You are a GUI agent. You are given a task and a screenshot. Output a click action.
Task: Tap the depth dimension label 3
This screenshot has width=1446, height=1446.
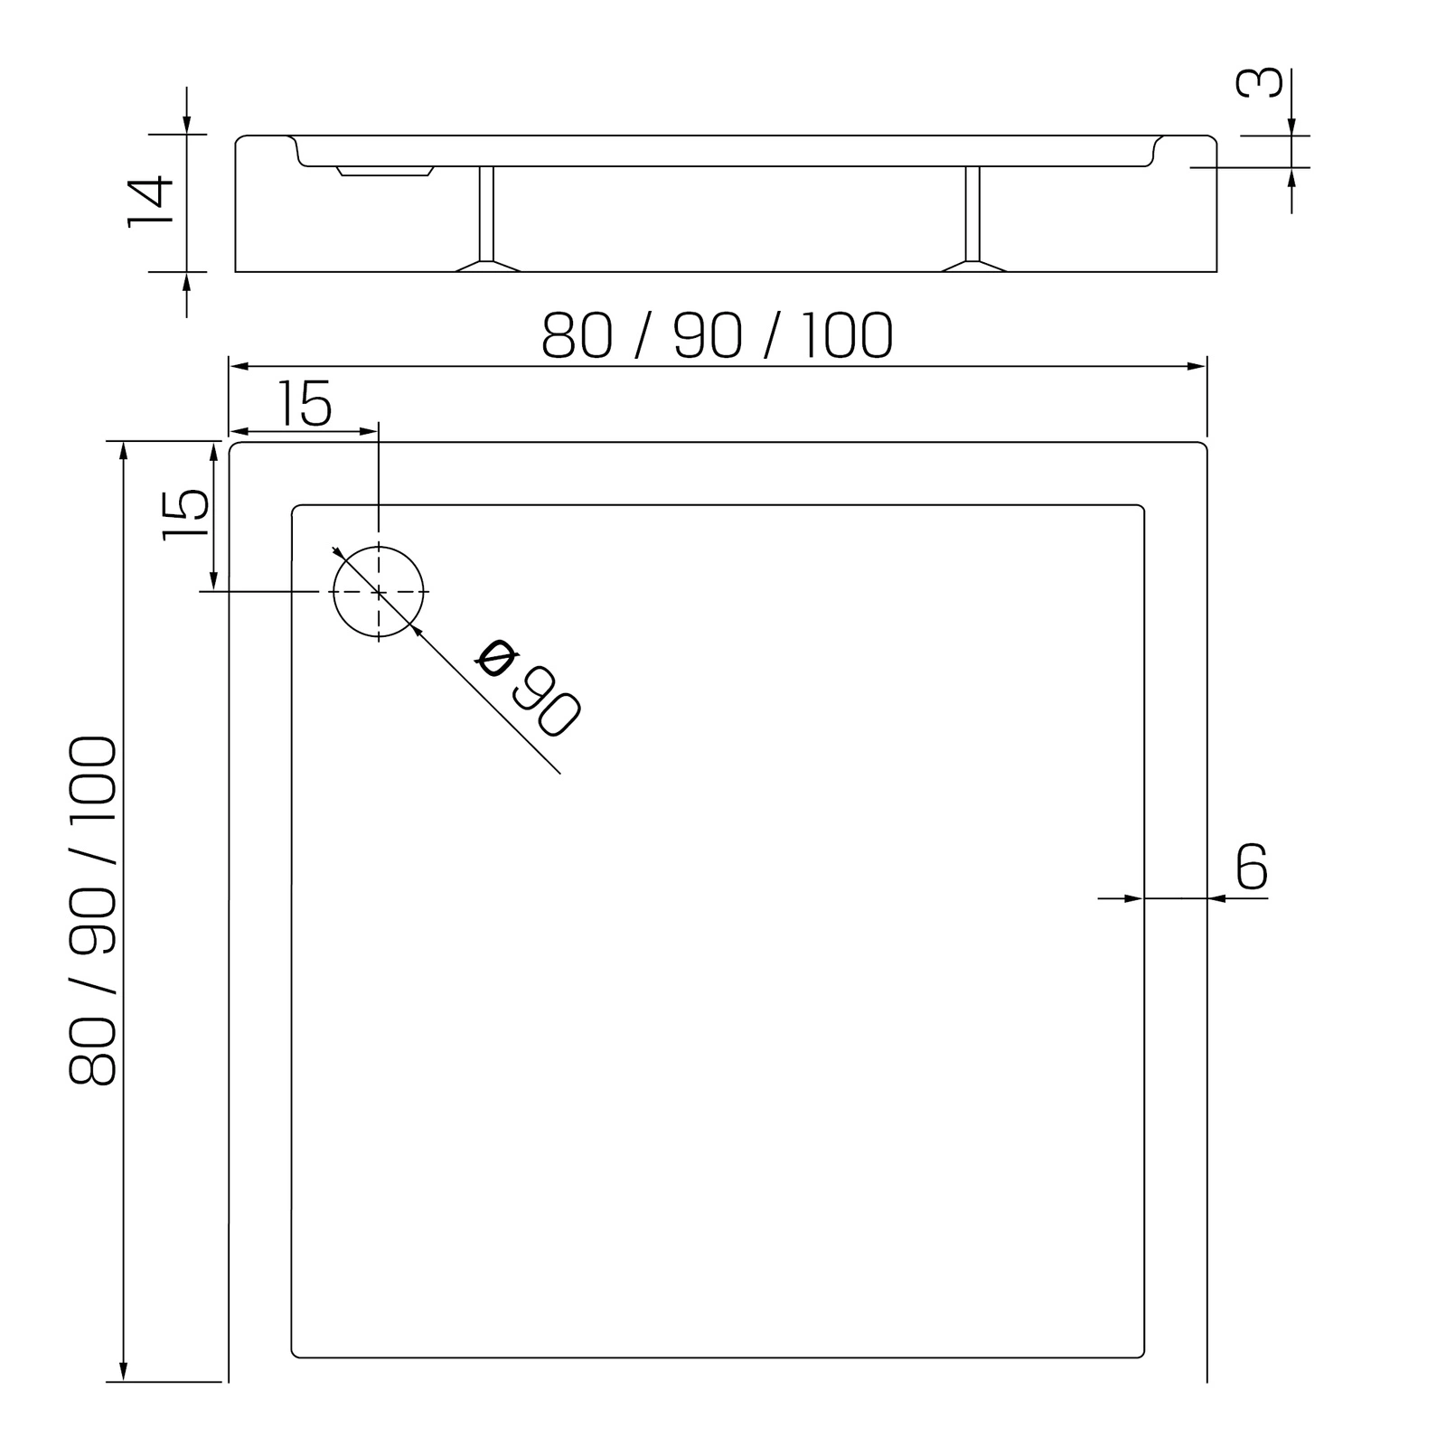coord(1259,82)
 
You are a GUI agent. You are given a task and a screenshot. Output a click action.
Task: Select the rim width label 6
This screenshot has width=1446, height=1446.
coord(1252,867)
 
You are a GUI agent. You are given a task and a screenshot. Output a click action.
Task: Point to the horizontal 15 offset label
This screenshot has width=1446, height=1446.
coord(305,403)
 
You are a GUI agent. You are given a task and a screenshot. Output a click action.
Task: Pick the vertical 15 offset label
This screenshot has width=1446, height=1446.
coord(186,515)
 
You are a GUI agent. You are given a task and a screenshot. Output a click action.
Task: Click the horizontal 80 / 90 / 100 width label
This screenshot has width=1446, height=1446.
coord(718,336)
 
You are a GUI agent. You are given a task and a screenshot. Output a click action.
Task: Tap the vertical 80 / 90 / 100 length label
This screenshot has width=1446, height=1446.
coord(92,910)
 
